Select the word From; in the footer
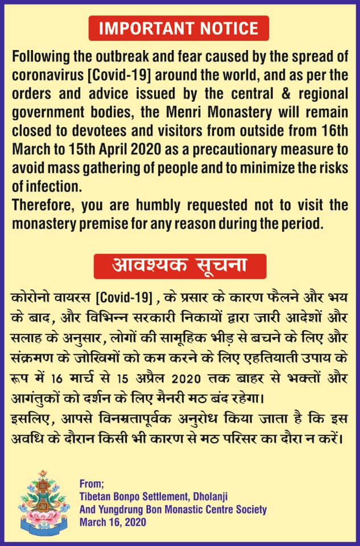92,485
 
